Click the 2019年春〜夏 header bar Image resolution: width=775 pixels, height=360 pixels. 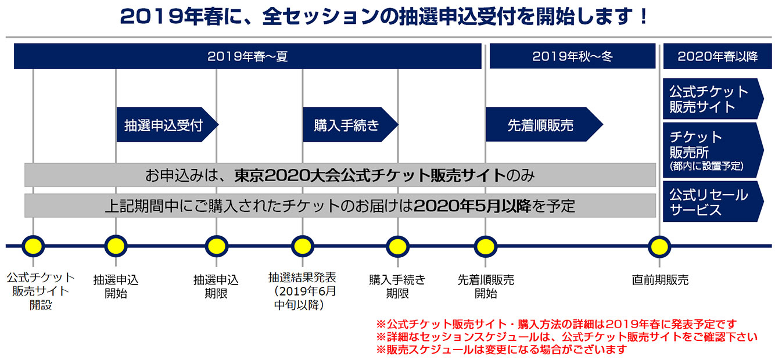[x=247, y=56]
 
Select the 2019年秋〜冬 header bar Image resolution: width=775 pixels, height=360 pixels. [x=572, y=56]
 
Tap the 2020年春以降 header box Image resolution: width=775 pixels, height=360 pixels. [x=717, y=56]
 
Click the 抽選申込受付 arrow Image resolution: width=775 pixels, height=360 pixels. [x=166, y=125]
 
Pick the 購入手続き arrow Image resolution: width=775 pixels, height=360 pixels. [x=349, y=125]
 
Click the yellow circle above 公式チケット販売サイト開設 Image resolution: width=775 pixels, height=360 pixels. [x=33, y=246]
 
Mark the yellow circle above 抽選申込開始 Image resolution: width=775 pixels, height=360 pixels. [x=116, y=246]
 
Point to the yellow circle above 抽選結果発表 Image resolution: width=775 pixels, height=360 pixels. [x=302, y=246]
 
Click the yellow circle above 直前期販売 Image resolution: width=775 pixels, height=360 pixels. [x=659, y=246]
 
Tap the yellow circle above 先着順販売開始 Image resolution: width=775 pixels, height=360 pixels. [x=485, y=246]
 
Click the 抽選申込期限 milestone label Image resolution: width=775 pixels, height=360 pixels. [x=216, y=286]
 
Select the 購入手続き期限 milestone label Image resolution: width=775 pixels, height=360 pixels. [x=397, y=286]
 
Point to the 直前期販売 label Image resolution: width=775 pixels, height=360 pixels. [x=660, y=280]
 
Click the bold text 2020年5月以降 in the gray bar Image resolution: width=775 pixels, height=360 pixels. [x=473, y=206]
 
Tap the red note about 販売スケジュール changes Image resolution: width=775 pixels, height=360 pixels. [x=502, y=350]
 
